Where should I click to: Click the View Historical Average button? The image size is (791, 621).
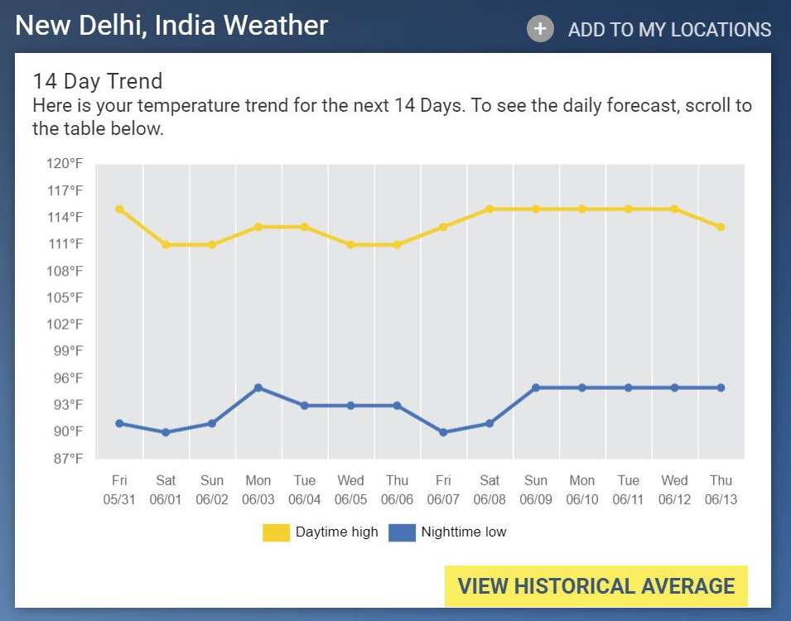point(596,586)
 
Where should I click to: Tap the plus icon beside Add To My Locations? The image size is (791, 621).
point(540,29)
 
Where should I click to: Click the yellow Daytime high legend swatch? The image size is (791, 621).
point(276,532)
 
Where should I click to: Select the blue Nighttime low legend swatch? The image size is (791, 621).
point(401,532)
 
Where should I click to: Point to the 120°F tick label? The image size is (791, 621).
point(65,164)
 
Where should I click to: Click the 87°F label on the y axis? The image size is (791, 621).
point(65,458)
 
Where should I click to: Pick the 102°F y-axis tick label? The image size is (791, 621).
point(65,324)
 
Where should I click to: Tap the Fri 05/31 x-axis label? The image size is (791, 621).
point(119,489)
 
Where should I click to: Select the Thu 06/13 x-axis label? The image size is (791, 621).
point(721,489)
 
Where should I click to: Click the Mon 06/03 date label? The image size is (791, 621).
point(258,489)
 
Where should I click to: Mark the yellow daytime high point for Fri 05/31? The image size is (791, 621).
point(119,209)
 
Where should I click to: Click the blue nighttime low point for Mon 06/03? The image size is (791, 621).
point(258,388)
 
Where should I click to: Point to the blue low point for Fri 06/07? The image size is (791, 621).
point(443,432)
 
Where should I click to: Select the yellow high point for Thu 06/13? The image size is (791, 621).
point(721,227)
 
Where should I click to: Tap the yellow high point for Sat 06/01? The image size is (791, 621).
point(166,244)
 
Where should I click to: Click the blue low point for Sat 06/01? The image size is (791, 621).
point(166,432)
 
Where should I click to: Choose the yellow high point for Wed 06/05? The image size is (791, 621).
point(351,244)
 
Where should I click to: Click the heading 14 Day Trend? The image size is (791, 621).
point(98,81)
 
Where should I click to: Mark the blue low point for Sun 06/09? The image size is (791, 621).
point(536,388)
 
